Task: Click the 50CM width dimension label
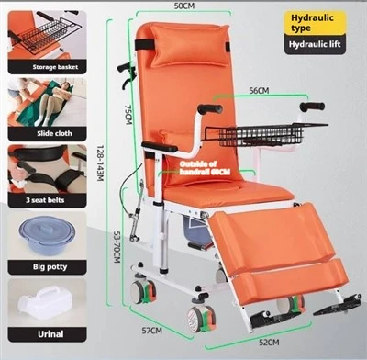[184, 6]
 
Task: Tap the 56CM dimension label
[259, 91]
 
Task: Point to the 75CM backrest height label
[128, 115]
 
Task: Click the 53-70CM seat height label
[117, 246]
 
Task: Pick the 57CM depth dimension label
[152, 331]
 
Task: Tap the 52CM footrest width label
[269, 343]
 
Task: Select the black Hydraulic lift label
[315, 44]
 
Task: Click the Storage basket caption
[55, 67]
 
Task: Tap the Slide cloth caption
[54, 133]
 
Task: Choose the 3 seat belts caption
[45, 200]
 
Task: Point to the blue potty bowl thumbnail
[47, 234]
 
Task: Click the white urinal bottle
[45, 302]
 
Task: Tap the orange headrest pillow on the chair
[189, 45]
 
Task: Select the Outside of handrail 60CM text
[205, 168]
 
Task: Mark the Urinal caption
[50, 334]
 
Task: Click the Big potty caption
[50, 267]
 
